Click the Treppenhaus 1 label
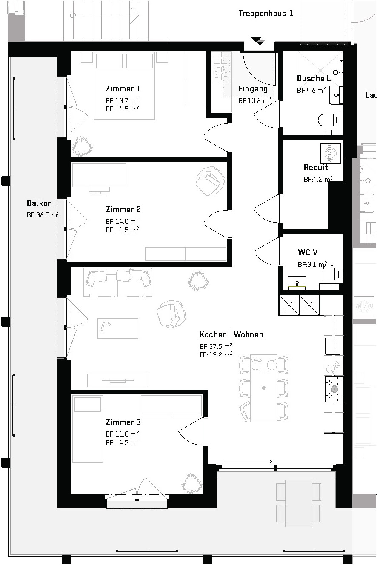coord(266,13)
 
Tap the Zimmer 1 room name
coord(123,88)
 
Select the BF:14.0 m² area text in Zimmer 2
coord(122,221)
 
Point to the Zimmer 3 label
coord(123,422)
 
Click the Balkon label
coord(39,203)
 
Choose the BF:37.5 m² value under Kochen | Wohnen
coord(216,346)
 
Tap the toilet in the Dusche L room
coord(327,120)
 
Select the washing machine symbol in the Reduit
coord(331,153)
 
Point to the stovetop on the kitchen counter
coord(334,389)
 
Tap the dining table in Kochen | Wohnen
coord(264,388)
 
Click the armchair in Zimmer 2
coord(210,181)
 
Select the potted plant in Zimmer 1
coord(82,146)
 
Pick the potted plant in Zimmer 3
coord(192,483)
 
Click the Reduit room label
coord(316,167)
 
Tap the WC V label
coord(308,252)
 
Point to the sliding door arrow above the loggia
coord(248,462)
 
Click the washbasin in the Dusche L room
coord(336,95)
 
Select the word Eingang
coord(253,89)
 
